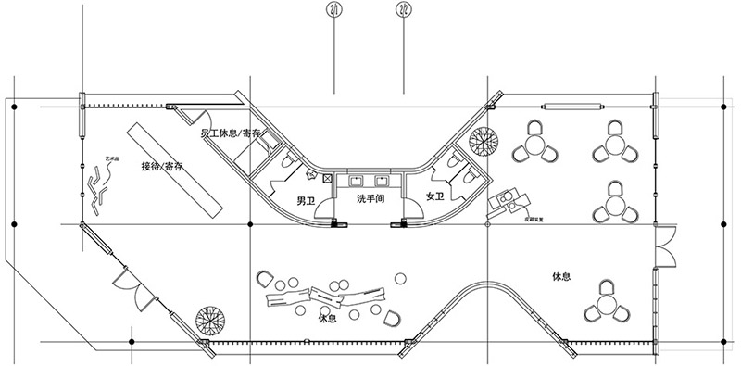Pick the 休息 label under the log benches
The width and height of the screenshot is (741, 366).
coord(325,319)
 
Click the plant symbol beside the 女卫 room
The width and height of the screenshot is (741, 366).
coord(484,144)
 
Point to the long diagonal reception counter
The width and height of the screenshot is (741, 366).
coord(177,168)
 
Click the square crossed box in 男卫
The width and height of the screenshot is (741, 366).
coord(328,176)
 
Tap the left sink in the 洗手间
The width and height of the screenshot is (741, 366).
coord(358,182)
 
